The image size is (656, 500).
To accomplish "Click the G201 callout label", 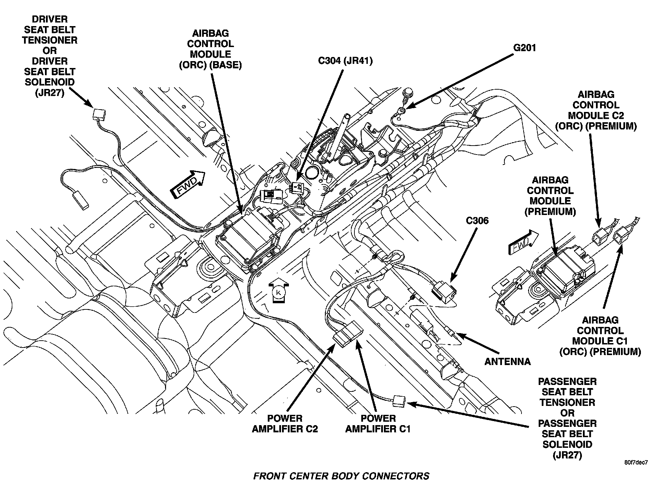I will coord(524,47).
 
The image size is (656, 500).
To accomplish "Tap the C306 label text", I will coord(477,220).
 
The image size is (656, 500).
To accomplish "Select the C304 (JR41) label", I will coord(345,61).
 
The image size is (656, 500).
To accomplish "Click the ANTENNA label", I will coord(507,361).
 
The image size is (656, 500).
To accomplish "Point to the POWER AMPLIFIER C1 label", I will coord(378,423).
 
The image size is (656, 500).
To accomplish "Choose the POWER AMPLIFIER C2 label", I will coord(285,423).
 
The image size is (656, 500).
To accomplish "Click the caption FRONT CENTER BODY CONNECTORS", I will coord(341,476).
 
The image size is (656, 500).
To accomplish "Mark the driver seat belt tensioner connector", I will coord(98,113).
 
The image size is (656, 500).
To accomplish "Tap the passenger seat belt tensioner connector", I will coord(399,400).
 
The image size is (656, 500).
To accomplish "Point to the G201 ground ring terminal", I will coord(400,111).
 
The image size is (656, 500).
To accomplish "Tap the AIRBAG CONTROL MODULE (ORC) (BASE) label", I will coord(210,49).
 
